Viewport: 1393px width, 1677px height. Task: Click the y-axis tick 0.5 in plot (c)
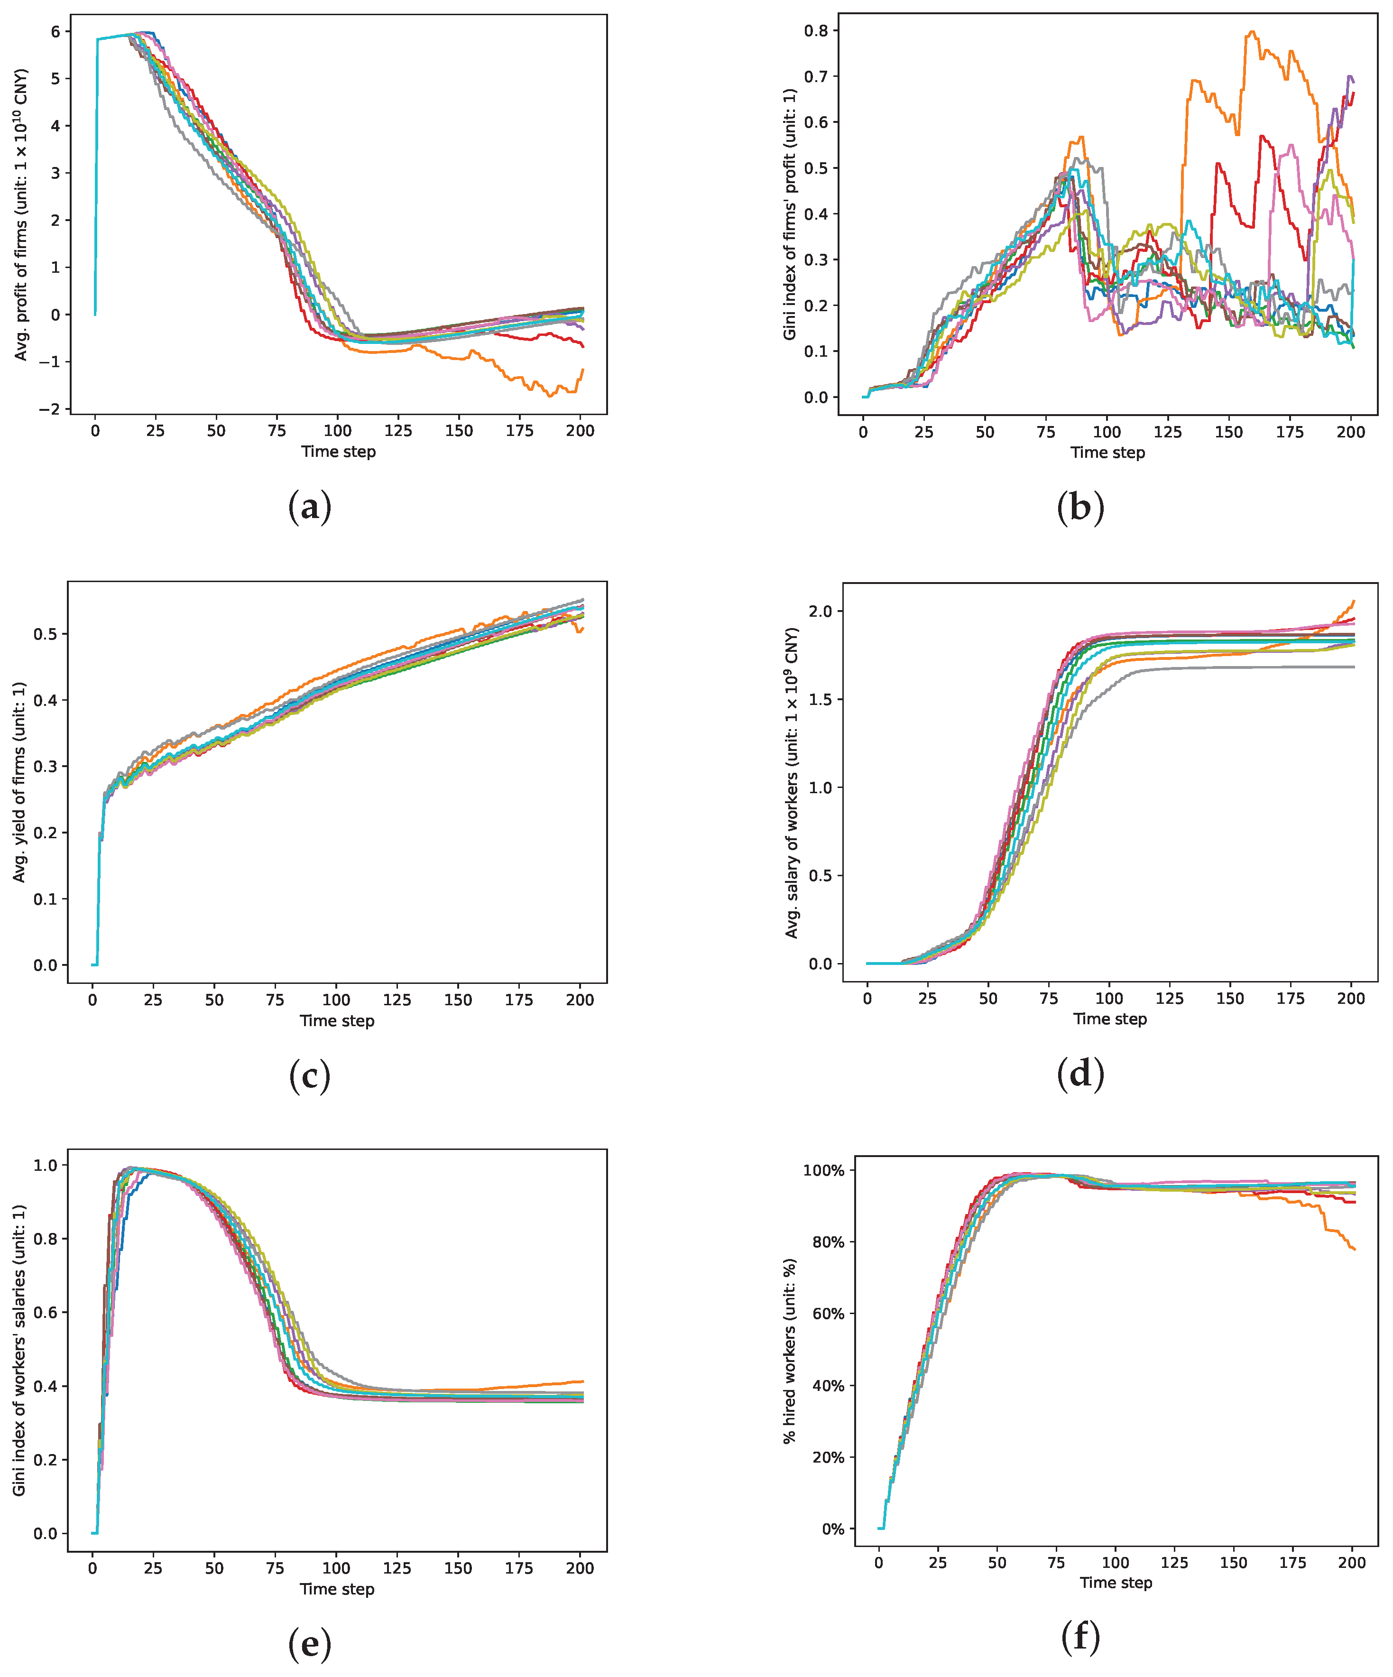[45, 634]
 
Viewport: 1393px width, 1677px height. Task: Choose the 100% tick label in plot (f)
[823, 1171]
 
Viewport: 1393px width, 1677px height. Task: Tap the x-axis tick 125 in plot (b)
[1167, 432]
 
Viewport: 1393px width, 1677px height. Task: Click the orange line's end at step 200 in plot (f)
[1355, 1249]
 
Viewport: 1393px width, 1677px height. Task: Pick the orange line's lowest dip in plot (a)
[550, 396]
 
